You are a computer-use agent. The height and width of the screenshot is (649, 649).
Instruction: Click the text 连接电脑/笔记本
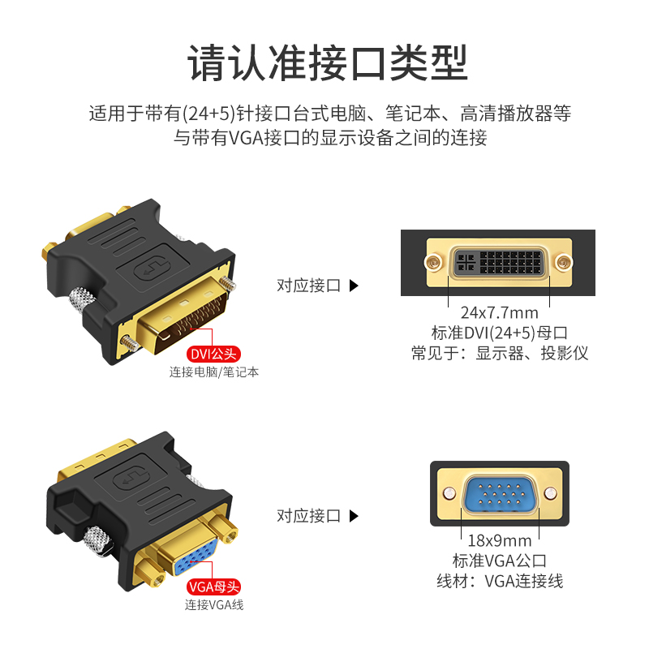[x=214, y=372]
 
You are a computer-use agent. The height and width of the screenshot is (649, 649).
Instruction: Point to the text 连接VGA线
[x=213, y=604]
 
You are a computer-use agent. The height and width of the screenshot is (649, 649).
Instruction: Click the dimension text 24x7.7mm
[x=499, y=312]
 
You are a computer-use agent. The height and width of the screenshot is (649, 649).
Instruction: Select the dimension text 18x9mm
[x=499, y=540]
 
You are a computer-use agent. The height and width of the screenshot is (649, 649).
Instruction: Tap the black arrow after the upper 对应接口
[x=353, y=286]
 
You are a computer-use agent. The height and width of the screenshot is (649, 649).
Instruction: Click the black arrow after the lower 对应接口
[x=353, y=516]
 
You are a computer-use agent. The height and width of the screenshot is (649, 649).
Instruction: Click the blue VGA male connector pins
[x=499, y=493]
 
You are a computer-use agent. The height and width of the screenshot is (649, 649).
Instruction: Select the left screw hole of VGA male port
[x=447, y=492]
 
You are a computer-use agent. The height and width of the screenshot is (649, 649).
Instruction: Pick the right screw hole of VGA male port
[x=551, y=492]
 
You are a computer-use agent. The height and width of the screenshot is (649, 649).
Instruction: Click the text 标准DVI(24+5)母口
[x=499, y=333]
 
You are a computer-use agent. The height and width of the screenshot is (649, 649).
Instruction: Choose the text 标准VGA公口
[x=499, y=561]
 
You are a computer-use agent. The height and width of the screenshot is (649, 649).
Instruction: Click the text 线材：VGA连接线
[x=499, y=581]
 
